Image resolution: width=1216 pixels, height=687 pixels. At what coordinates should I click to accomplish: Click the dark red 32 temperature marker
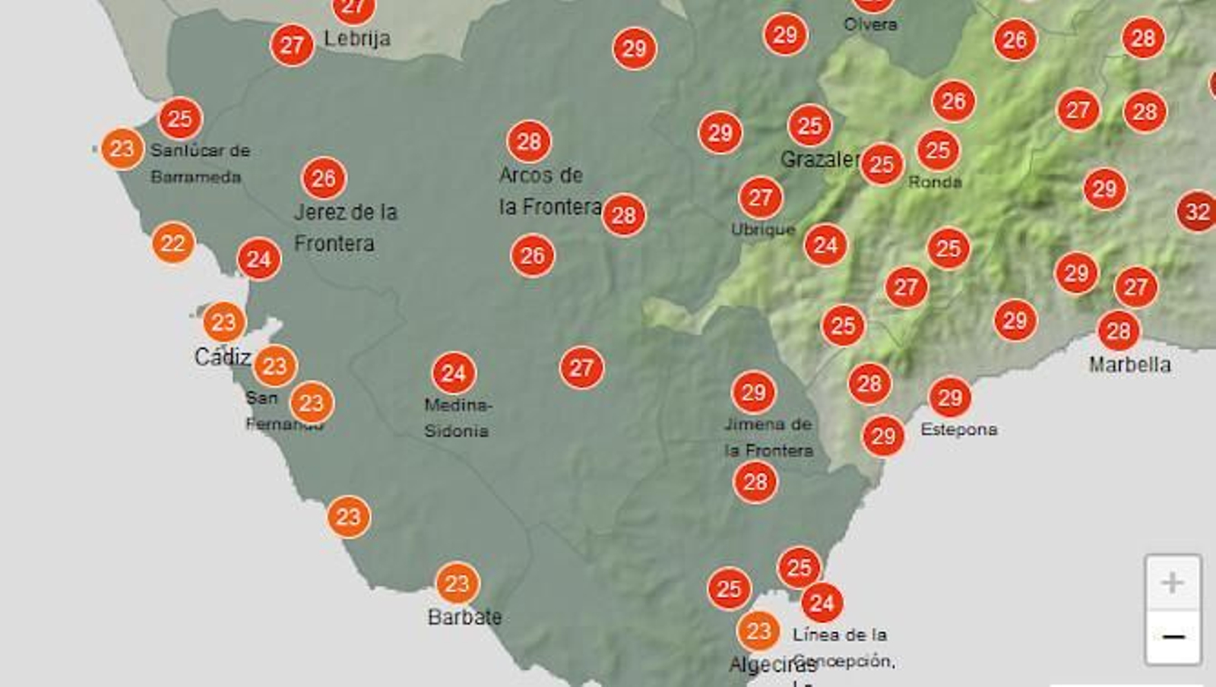[1197, 211]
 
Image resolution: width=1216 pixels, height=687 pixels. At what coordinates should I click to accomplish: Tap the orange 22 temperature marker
[173, 243]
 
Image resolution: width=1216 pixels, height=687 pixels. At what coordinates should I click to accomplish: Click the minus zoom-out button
[1173, 637]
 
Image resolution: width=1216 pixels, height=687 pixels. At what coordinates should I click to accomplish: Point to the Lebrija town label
[357, 38]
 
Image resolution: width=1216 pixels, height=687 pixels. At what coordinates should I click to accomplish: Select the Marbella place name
[1129, 365]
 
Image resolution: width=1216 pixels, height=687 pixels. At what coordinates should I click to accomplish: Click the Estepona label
[958, 429]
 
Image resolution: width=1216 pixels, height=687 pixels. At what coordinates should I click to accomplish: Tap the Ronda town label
[935, 182]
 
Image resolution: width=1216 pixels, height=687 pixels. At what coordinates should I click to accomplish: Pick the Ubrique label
[762, 230]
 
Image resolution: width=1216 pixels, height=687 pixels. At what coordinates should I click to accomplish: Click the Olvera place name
[870, 24]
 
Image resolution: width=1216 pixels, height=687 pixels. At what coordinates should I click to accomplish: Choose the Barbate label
[464, 617]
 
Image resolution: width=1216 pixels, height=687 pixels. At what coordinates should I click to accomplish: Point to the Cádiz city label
[222, 356]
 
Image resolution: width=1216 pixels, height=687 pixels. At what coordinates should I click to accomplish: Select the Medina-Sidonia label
[457, 418]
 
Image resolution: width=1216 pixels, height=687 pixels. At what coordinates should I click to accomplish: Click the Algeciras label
[772, 665]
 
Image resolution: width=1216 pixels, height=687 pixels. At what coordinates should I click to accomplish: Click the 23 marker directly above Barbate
[457, 584]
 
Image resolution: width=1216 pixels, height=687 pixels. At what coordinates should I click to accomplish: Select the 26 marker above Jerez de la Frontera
[324, 179]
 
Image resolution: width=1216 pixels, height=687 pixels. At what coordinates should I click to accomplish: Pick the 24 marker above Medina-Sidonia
[454, 373]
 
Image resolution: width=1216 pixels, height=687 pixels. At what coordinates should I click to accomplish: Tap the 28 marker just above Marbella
[1118, 331]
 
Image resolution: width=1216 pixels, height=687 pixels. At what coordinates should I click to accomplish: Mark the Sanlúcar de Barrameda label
[199, 163]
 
